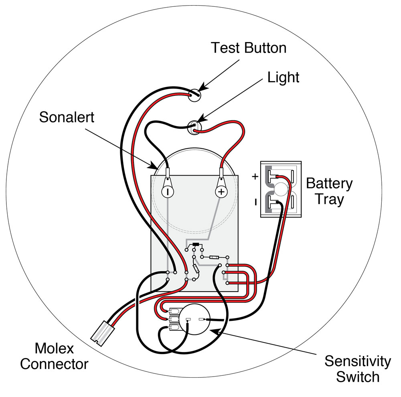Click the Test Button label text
click(249, 48)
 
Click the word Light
click(283, 77)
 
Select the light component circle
click(195, 127)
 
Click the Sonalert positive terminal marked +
click(221, 192)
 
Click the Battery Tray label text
click(329, 191)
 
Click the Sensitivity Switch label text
click(357, 369)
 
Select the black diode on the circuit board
click(196, 245)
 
